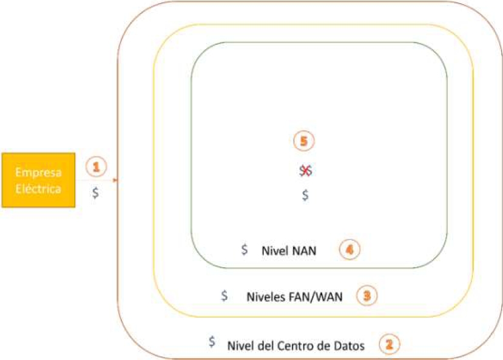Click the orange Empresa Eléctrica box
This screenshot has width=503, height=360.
point(38,180)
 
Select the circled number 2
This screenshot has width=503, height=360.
point(389,345)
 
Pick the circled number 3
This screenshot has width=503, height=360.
point(366,296)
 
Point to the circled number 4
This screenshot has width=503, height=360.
point(350,250)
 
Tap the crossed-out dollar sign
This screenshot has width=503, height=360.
point(305,171)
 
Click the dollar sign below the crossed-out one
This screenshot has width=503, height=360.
point(305,195)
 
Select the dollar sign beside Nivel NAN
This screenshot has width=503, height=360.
point(244,250)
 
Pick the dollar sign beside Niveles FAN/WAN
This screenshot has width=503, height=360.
point(224,296)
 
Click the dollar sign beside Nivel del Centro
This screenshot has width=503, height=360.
point(212,342)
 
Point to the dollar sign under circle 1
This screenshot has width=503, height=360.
point(95,192)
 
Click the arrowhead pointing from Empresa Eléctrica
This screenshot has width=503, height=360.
point(115,180)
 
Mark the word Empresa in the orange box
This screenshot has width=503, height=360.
point(38,173)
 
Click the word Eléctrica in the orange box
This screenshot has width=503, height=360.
point(38,188)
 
